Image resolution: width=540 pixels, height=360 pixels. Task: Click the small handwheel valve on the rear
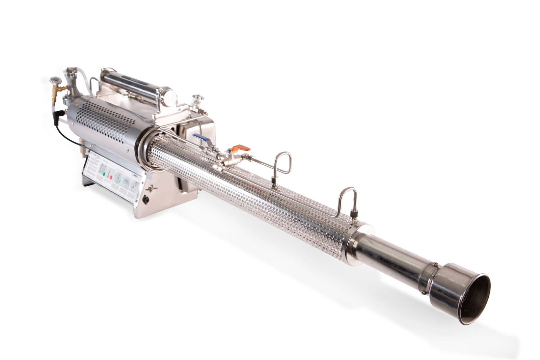pyautogui.click(x=53, y=80)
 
